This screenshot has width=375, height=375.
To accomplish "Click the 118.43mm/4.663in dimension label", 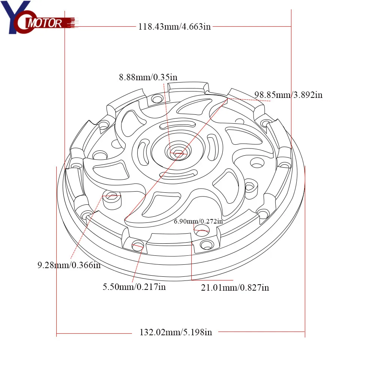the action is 174,27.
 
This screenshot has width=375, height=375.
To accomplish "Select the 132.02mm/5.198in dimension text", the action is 175,332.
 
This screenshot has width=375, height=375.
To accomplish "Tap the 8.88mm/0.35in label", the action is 148,78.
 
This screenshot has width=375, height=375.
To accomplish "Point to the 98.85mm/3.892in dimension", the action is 288,95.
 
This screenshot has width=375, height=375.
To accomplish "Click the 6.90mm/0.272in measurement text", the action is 198,221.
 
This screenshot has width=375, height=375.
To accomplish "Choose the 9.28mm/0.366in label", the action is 69,265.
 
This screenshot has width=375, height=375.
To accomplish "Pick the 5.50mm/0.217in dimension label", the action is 134,287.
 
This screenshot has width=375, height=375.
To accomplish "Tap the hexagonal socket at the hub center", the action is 177,153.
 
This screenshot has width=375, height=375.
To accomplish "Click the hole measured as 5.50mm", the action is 138,246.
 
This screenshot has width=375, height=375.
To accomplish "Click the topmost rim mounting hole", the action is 157,99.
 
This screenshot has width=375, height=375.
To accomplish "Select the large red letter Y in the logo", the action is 11,17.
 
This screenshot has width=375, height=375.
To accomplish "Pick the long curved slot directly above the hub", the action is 177,126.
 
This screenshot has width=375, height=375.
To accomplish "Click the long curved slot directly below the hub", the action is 177,173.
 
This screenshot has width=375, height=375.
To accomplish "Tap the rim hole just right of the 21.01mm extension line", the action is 206,245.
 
